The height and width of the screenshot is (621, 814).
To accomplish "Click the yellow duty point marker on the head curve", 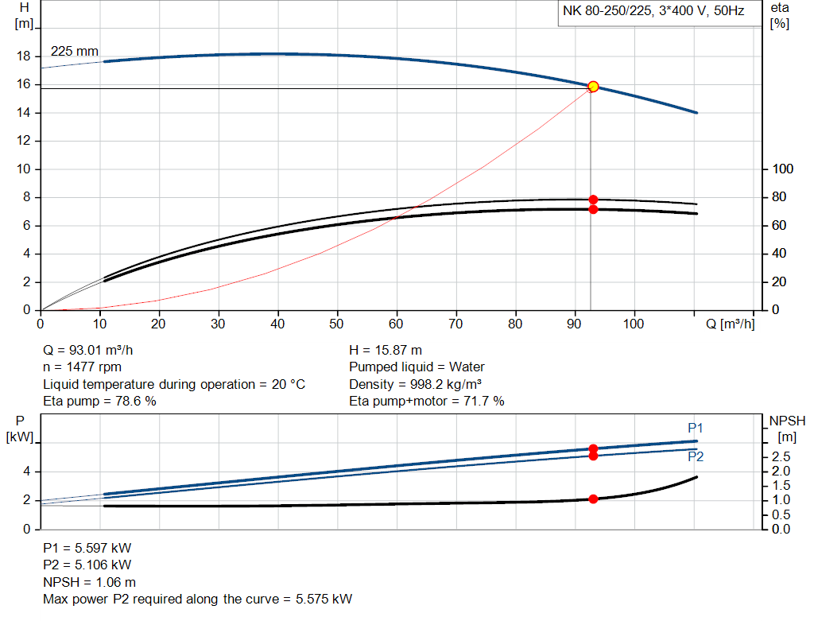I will (593, 86).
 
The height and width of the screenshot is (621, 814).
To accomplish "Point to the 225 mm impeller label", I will (75, 52).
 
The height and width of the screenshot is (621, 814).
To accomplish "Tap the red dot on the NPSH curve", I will (593, 499).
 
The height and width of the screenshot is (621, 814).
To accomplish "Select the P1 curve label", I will (696, 429).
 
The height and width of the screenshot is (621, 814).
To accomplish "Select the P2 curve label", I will (696, 457).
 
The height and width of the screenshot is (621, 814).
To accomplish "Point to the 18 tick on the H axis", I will (23, 56).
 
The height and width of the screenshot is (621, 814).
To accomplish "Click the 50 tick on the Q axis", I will (337, 324).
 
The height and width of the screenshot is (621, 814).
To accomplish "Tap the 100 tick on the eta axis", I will (782, 169).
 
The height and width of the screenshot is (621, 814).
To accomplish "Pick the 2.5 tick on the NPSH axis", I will (781, 457).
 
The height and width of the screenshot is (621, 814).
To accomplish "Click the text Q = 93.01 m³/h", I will (94, 351).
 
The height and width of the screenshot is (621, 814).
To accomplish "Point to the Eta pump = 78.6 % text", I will (99, 402).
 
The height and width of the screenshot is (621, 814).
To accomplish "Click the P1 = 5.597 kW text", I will (87, 549).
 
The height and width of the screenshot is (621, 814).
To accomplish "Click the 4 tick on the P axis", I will (26, 472).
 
